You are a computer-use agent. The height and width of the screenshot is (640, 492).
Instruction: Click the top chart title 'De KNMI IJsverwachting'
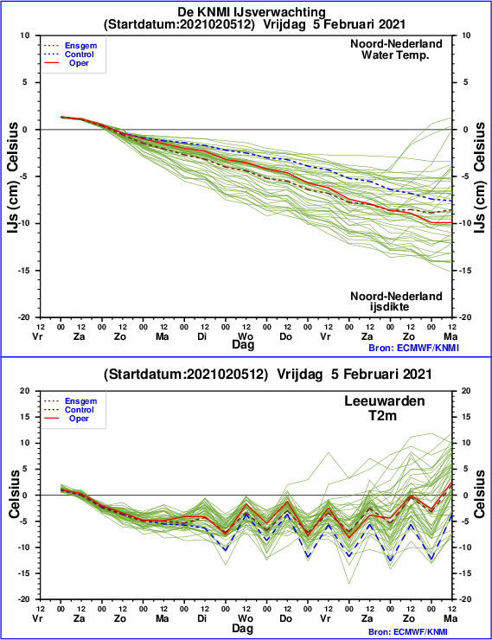pos(252,12)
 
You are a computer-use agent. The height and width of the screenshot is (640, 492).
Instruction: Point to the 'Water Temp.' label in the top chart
pos(395,54)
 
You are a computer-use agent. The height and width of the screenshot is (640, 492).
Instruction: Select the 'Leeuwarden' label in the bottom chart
pos(384,400)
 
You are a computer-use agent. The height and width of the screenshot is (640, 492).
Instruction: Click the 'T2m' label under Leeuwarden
pos(383,415)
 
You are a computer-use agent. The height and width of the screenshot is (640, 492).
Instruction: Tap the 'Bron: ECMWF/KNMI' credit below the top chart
pos(413,348)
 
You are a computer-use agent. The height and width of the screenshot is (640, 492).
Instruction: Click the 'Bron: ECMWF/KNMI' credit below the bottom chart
pos(413,632)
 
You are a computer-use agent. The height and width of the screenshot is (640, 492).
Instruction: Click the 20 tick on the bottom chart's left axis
pos(25,391)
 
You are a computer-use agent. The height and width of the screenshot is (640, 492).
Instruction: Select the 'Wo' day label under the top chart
pos(246,336)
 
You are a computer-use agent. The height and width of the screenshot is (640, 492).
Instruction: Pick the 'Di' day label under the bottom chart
pos(202,618)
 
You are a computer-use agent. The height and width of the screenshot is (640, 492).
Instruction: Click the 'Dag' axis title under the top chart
pos(243,344)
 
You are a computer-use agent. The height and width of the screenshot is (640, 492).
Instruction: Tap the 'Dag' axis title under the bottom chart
pos(243,628)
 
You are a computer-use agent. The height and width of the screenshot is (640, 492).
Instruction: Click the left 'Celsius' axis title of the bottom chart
pos(14,495)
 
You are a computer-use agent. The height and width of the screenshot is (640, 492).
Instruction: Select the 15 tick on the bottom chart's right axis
pos(466,417)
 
